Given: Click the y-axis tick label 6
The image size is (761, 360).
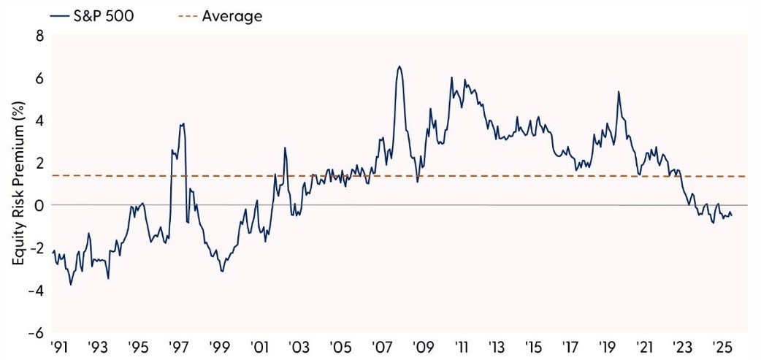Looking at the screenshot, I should coord(31,77).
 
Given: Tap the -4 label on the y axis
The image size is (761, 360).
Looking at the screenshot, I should coord(28,290).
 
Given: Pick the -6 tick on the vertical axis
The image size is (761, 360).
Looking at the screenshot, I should coord(28,332).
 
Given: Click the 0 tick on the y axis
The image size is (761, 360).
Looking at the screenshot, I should coord(31,205).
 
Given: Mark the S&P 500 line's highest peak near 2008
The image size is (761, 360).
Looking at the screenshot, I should coord(399,66).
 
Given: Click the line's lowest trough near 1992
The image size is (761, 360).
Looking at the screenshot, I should coord(71,284).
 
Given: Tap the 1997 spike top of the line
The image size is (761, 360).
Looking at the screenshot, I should coord(183,123).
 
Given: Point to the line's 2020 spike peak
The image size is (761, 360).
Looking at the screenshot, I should coord(619,91).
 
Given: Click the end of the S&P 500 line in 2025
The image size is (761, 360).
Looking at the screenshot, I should coord(732,215).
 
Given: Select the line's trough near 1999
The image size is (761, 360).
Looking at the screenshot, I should coord(222,271).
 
